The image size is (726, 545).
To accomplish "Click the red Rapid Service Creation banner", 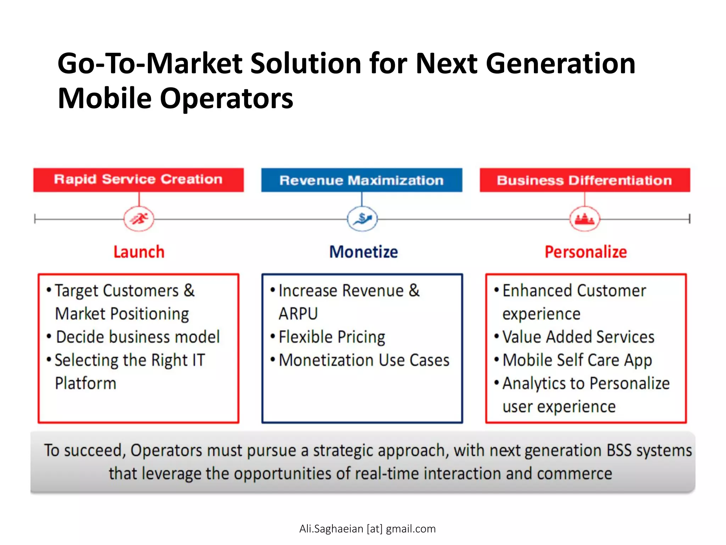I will pyautogui.click(x=138, y=180).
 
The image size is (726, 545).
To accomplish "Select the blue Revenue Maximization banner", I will pyautogui.click(x=362, y=180).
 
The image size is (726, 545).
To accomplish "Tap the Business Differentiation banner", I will pyautogui.click(x=585, y=180).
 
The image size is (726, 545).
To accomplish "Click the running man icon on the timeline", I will pyautogui.click(x=139, y=219).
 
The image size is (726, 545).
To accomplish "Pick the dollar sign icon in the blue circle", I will pyautogui.click(x=362, y=219).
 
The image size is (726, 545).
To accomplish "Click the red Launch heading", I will pyautogui.click(x=139, y=252).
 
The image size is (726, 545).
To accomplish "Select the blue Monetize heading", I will pyautogui.click(x=363, y=252).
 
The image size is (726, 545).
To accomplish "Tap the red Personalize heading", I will pyautogui.click(x=586, y=252).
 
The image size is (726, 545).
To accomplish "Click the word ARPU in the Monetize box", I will pyautogui.click(x=298, y=314).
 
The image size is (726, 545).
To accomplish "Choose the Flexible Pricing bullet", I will pyautogui.click(x=331, y=337).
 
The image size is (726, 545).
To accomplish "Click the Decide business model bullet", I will pyautogui.click(x=138, y=337).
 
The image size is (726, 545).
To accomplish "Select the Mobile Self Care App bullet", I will pyautogui.click(x=577, y=360).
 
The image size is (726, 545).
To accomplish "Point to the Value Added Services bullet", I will pyautogui.click(x=578, y=337).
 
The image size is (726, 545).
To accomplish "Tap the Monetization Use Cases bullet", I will pyautogui.click(x=364, y=360).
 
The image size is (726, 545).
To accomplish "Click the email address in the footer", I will pyautogui.click(x=367, y=529).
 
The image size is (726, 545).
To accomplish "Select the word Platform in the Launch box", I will pyautogui.click(x=86, y=384).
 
